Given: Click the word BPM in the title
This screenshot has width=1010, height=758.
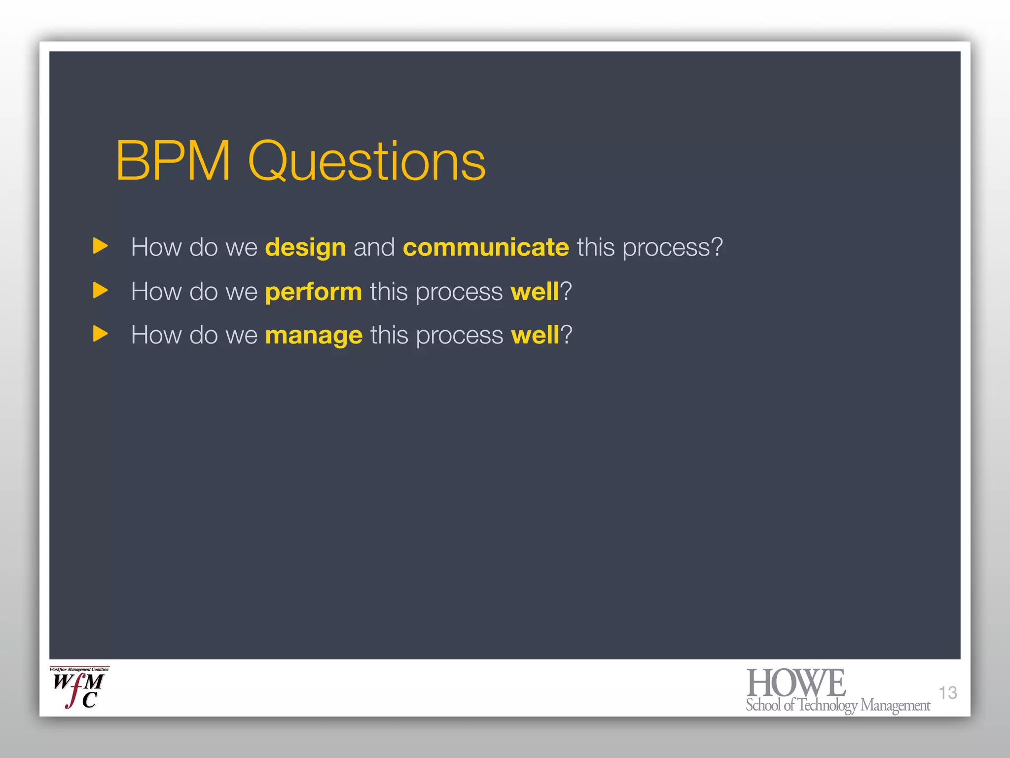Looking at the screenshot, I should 173,161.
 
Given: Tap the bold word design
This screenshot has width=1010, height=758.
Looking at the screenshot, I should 305,247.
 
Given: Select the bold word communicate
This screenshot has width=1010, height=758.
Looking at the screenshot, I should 486,247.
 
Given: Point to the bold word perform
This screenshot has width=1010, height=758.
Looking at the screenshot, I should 313,292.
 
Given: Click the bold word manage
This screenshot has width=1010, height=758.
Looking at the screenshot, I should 314,336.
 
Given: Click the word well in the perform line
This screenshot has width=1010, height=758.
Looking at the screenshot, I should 535,291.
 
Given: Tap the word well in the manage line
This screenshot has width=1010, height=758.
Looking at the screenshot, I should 535,335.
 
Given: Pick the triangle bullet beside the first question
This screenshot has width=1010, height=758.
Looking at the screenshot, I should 100,246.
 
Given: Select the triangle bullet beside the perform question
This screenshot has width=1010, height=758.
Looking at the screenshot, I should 100,290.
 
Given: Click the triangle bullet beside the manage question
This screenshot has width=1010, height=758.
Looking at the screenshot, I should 100,334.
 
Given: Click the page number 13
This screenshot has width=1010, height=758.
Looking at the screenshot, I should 947,692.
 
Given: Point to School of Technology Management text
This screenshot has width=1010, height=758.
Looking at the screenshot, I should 837,705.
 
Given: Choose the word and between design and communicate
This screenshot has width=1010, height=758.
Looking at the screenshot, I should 374,247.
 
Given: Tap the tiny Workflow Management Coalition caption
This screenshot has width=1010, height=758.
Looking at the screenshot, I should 79,670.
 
